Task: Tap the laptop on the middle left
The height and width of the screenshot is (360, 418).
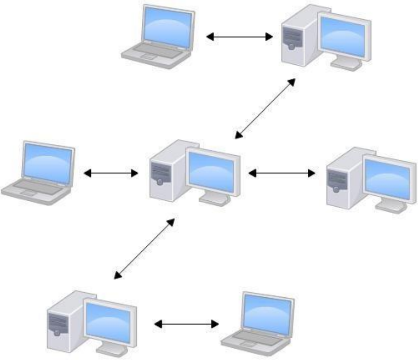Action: coord(39,171)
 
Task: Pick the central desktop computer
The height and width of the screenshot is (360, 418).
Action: coord(195,171)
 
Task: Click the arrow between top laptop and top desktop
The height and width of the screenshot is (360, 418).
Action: coord(240,37)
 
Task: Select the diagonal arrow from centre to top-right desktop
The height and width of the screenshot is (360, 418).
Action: coord(265,108)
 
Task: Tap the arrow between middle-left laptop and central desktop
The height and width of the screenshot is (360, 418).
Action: coord(111,173)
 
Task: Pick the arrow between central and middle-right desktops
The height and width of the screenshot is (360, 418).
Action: coord(282,173)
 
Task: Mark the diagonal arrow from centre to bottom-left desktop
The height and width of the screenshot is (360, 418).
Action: coord(144,248)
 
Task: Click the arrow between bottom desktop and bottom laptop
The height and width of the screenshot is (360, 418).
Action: coord(186,324)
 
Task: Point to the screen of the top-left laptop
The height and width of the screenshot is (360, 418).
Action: coord(167,27)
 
